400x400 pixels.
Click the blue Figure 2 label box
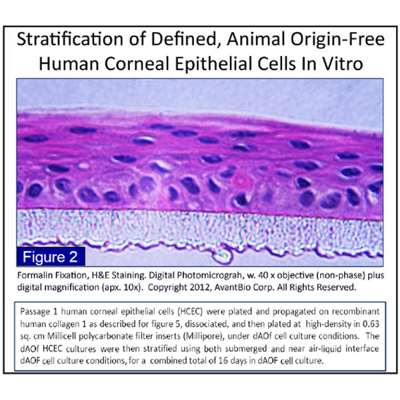pyautogui.click(x=51, y=257)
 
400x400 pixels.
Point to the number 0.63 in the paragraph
pyautogui.click(x=371, y=324)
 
